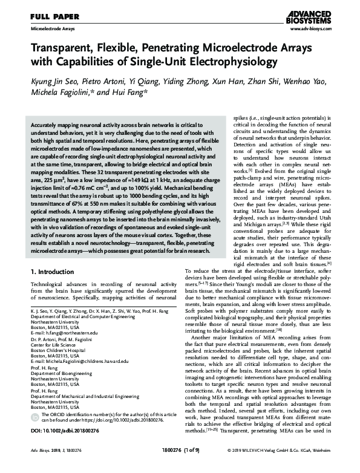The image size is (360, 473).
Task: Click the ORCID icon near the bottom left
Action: (34, 423)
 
